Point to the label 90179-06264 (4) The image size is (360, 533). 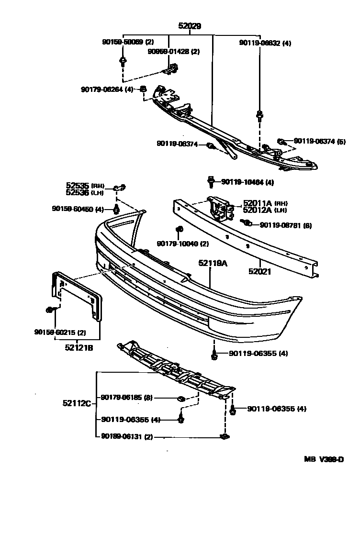(x=107, y=89)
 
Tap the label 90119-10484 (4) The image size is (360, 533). (x=247, y=182)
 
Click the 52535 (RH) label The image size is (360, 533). (x=85, y=186)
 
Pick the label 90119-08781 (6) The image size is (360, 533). (x=285, y=225)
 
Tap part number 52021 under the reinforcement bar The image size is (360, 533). (x=260, y=271)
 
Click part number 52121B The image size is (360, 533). (x=79, y=348)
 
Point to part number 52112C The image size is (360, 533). (x=77, y=403)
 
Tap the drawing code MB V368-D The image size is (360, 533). (x=324, y=460)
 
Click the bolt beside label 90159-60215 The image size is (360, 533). (x=50, y=310)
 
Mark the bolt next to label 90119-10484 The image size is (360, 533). (x=211, y=181)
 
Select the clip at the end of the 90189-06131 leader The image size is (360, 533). (x=224, y=436)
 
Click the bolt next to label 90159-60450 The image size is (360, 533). (x=116, y=209)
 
